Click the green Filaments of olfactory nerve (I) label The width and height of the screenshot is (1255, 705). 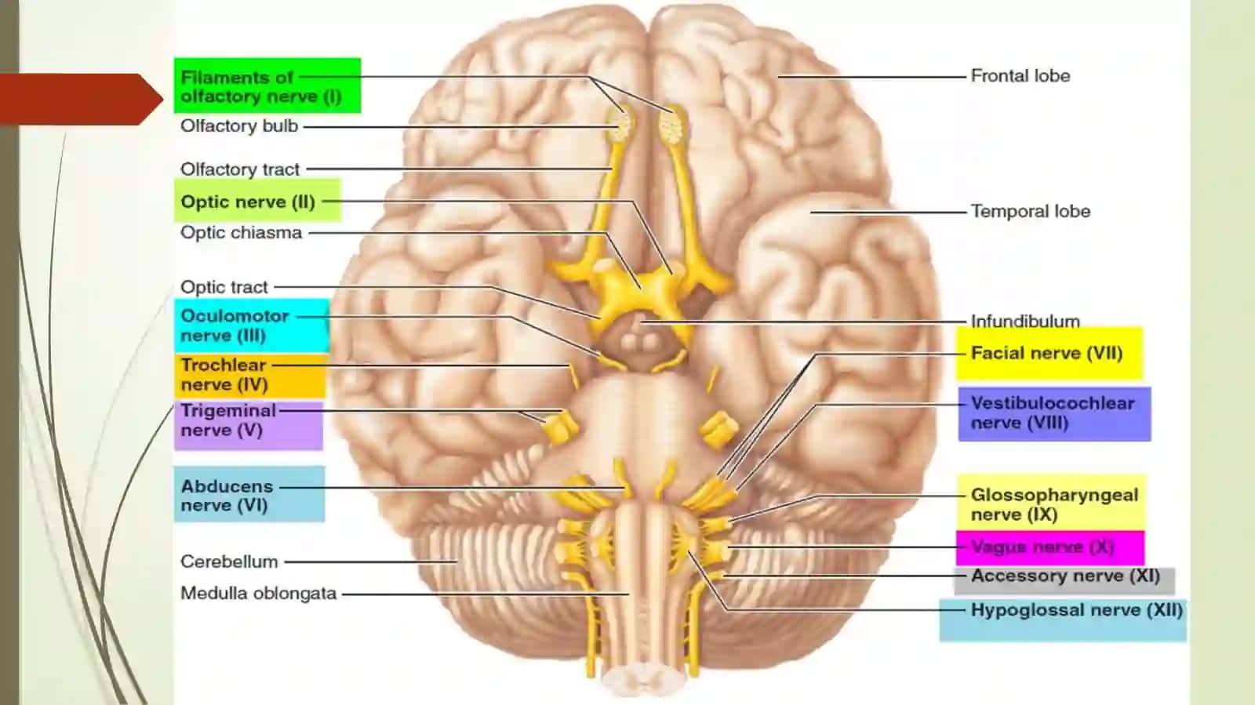267,85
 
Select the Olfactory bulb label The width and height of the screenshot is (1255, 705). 239,126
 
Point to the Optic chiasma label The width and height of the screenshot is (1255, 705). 241,232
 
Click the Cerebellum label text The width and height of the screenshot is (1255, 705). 229,561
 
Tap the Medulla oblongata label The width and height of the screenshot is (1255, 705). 258,593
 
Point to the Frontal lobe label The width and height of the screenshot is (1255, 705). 1020,75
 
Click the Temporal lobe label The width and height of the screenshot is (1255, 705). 1031,211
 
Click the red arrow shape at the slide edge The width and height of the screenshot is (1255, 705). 82,99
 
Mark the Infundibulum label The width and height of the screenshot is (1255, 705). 1024,321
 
